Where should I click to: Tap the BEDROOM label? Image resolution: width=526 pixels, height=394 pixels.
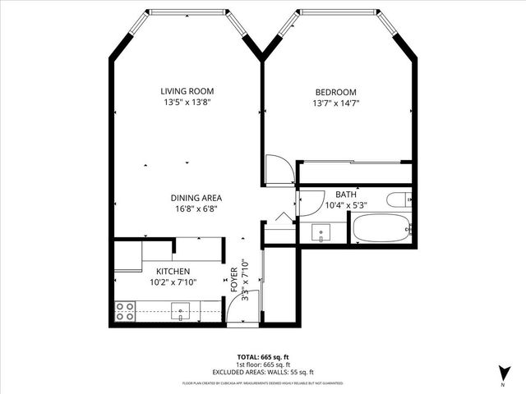(x=335, y=91)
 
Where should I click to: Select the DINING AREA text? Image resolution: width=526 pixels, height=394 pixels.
(x=196, y=198)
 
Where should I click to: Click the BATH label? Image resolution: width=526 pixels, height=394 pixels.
(x=345, y=195)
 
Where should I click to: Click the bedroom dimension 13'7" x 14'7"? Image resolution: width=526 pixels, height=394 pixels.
(x=335, y=103)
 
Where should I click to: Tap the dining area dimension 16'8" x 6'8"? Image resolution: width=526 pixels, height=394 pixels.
(x=196, y=209)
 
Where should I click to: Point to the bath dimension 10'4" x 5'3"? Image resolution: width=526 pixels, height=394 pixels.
(x=345, y=205)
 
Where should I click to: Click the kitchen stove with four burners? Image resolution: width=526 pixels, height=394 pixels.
(x=125, y=311)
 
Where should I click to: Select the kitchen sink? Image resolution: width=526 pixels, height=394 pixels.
(x=180, y=310)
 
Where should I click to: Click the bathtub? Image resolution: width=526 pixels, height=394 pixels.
(x=381, y=228)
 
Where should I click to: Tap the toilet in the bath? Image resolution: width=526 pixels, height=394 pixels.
(x=399, y=199)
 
